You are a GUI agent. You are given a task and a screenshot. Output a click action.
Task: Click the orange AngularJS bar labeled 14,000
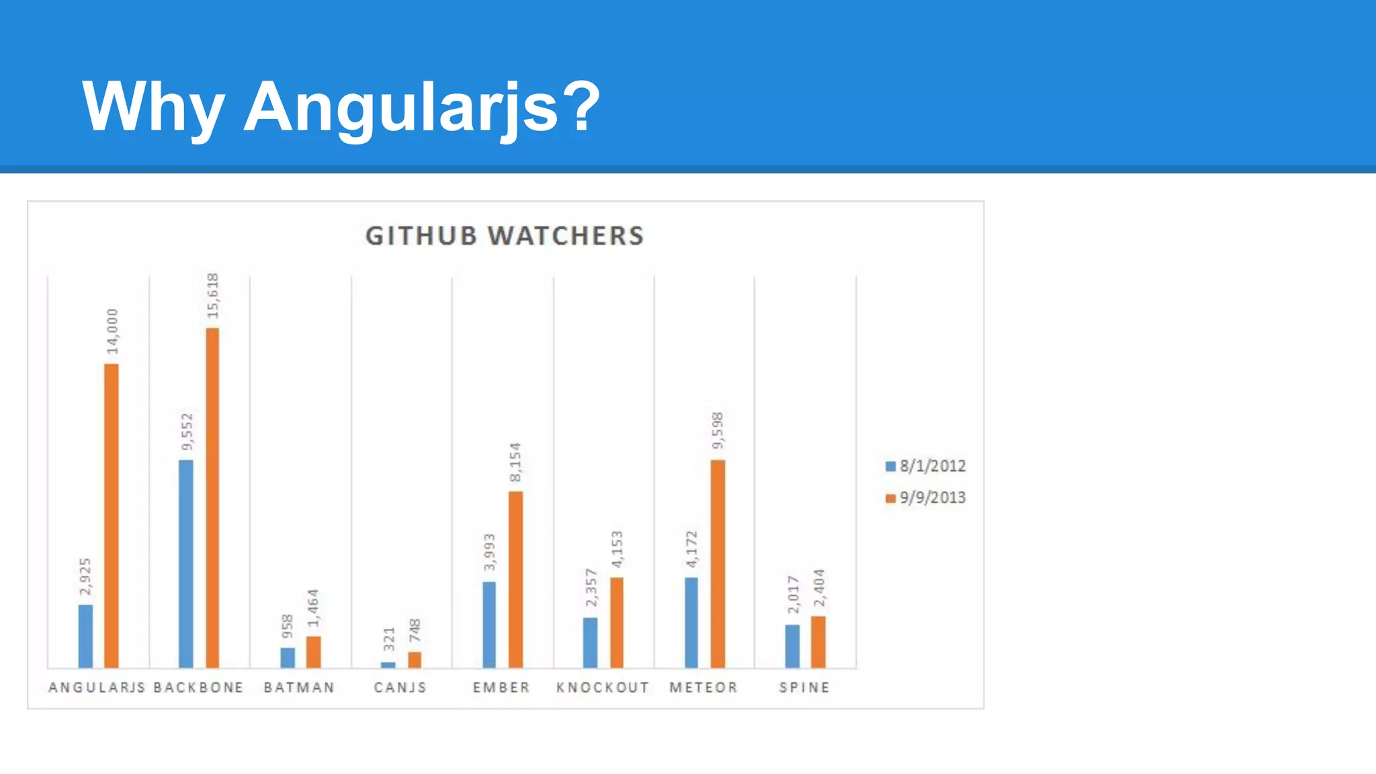coord(112,515)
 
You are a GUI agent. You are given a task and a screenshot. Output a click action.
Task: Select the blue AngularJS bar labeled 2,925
coord(85,636)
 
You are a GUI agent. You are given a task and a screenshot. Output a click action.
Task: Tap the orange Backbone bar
coord(212,497)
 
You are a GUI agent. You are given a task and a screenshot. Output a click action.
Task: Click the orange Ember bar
coord(515,579)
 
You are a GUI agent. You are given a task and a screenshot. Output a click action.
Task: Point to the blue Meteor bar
coord(691,622)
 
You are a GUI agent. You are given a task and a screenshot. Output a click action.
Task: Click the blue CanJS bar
coord(388,664)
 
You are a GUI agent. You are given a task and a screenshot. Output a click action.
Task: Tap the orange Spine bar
coord(818,642)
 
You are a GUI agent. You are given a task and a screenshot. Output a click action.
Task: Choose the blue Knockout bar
coord(590,642)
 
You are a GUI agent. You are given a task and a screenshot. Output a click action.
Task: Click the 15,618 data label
coord(213,296)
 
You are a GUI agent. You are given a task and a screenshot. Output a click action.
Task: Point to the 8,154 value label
coord(515,462)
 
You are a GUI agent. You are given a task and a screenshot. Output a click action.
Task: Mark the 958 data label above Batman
coord(288,626)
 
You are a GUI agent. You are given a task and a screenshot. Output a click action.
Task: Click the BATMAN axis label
coord(299,687)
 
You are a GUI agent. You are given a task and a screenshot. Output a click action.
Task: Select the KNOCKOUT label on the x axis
coord(603,687)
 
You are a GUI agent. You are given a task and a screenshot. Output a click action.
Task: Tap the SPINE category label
coord(804,687)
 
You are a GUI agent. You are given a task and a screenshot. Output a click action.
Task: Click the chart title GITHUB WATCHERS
coord(505,236)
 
